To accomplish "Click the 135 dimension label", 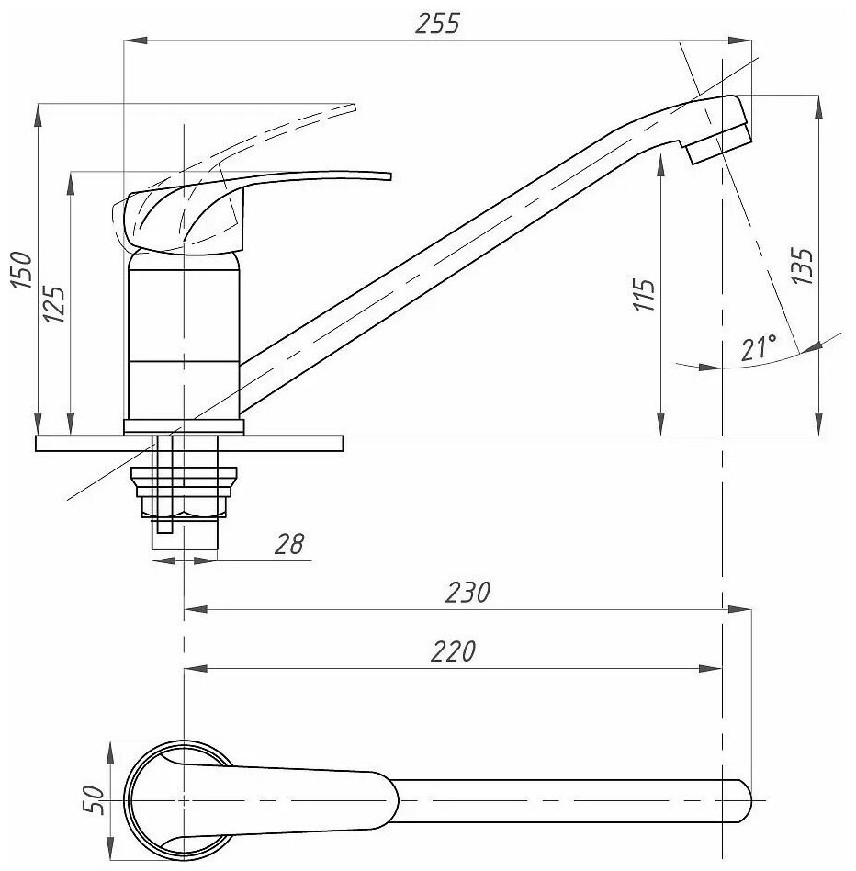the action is (x=802, y=266).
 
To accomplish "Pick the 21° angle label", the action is (x=759, y=348).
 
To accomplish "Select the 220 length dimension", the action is (x=455, y=651).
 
